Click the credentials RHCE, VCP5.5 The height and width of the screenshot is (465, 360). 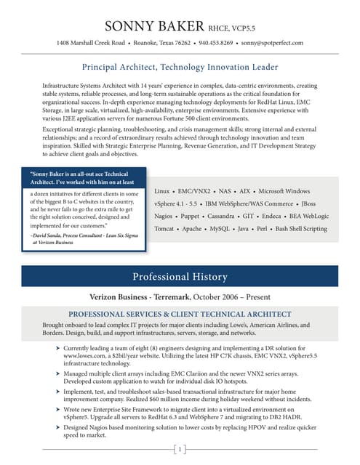[x=231, y=29]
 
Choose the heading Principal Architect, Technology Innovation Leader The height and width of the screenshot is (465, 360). [x=180, y=68]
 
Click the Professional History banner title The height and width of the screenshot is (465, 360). [x=180, y=277]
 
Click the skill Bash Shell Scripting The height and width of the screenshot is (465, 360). [x=295, y=229]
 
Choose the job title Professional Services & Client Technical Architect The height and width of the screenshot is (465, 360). [x=180, y=313]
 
